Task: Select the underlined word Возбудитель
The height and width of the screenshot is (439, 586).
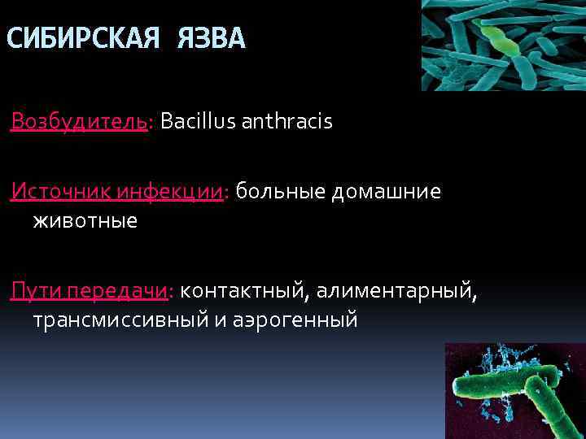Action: (x=79, y=122)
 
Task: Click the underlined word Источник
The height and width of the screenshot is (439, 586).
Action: (x=60, y=192)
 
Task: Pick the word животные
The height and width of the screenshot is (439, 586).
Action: (x=85, y=220)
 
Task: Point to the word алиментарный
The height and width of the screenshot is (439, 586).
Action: (x=396, y=291)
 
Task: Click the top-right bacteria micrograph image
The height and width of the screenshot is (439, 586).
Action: (x=503, y=45)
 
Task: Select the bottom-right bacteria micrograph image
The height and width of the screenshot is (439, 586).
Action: (x=515, y=390)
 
